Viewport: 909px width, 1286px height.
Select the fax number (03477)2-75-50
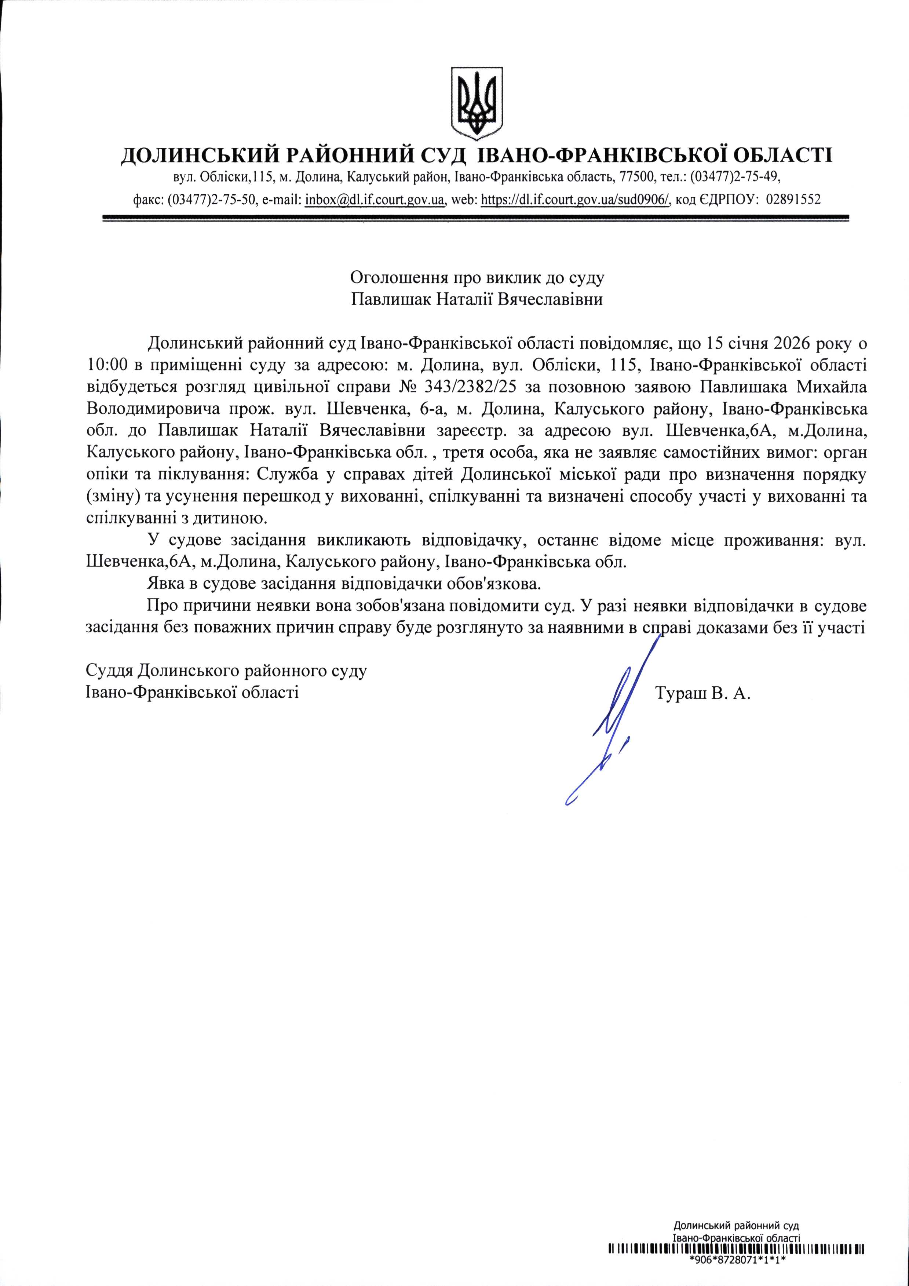click(x=212, y=200)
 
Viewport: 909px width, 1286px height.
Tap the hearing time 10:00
click(x=105, y=366)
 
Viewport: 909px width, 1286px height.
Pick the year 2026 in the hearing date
click(x=793, y=343)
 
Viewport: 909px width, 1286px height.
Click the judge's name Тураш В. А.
click(x=702, y=694)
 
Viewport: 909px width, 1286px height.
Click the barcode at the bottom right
click(x=737, y=1260)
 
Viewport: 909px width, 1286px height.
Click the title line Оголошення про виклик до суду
click(x=477, y=277)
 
